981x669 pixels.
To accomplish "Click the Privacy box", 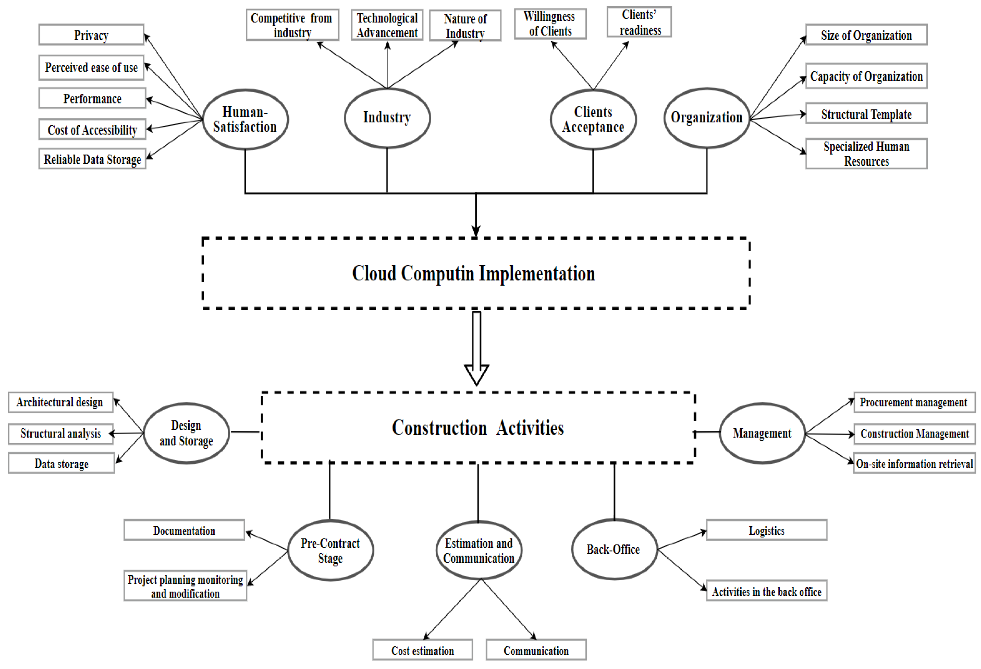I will [91, 35].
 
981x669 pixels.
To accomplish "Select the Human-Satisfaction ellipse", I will [245, 120].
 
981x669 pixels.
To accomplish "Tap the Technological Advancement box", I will [387, 25].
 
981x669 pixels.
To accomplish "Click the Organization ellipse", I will [707, 118].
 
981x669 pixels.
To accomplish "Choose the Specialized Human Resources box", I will [866, 154].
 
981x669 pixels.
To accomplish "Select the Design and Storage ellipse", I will [186, 433].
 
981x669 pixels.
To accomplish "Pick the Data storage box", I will [62, 464].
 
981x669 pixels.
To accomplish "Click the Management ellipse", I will [762, 433].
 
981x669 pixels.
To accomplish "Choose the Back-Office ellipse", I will [614, 549].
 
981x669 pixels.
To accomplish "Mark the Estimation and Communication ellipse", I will [479, 550].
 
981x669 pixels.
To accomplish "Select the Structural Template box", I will [866, 114].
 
